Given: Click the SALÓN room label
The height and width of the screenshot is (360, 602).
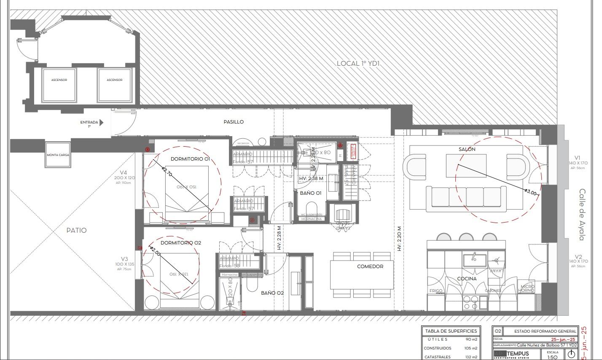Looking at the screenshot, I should (467, 149).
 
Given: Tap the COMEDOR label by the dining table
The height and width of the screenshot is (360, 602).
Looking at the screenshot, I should (370, 266).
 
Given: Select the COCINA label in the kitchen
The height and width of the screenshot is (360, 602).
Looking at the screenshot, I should (467, 279).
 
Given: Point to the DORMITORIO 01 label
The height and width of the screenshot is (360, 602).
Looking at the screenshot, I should (190, 159).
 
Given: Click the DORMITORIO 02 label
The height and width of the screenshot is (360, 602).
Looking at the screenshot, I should (181, 243).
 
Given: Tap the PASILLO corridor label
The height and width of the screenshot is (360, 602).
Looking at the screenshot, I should (234, 122).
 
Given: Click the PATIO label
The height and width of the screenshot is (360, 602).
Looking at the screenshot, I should (76, 230).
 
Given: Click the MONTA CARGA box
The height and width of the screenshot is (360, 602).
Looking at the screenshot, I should (58, 155).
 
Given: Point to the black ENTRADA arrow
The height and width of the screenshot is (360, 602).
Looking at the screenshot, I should (102, 123).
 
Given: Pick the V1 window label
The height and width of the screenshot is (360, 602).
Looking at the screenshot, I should (577, 158).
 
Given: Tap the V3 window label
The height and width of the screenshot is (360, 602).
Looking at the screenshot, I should (124, 259).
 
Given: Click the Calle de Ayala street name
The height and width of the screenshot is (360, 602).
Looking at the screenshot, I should (582, 215).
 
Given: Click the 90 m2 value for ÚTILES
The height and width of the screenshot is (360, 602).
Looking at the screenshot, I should (471, 339).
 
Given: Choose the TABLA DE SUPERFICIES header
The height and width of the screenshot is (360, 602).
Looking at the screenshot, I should (451, 331).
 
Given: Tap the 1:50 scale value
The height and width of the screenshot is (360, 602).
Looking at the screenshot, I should (552, 357).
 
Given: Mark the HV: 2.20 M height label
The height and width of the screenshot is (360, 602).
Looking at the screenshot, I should (399, 239).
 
